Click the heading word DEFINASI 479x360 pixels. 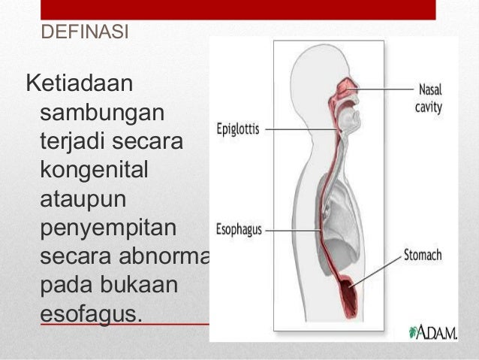[84, 33]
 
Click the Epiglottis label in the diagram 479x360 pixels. [237, 129]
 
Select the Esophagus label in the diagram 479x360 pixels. [238, 229]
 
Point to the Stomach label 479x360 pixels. [423, 256]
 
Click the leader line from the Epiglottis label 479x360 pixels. [300, 129]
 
